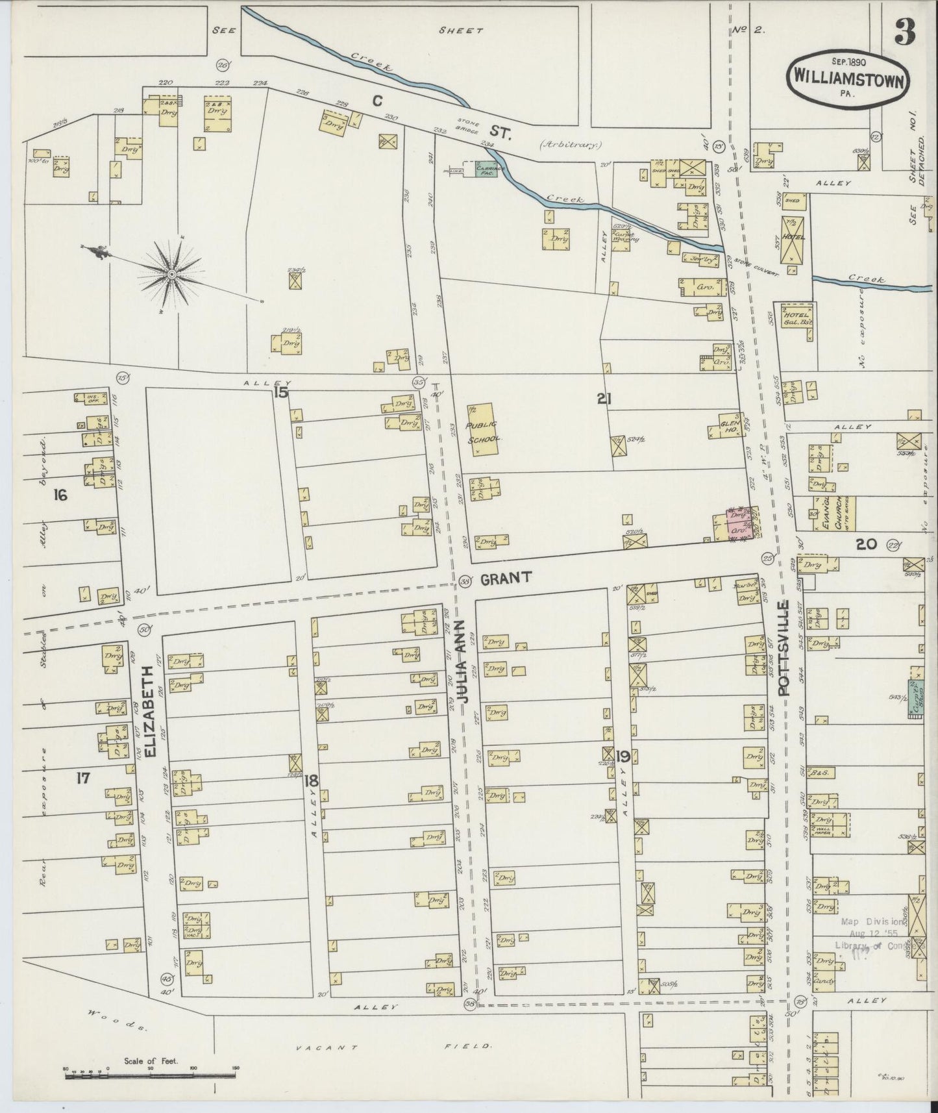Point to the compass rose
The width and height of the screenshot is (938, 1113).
[x=171, y=275]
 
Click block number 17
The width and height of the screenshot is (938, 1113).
[x=83, y=779]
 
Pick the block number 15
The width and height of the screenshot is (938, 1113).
[x=280, y=392]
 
